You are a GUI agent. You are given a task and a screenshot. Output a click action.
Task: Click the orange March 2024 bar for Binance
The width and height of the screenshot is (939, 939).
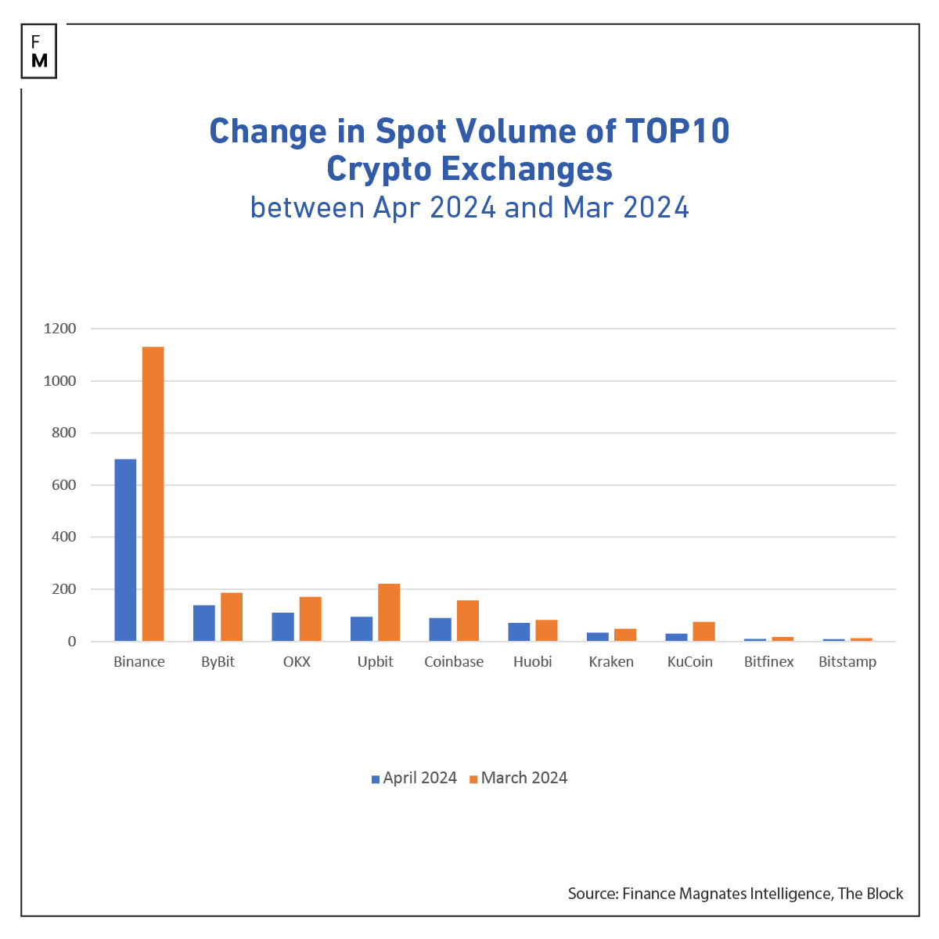(153, 494)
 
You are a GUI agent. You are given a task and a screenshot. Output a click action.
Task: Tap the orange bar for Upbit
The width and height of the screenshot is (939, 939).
(389, 613)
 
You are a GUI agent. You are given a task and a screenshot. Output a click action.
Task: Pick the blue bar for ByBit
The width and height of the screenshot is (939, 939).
(204, 623)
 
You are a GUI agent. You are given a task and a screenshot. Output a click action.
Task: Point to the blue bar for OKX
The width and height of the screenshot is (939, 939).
(283, 627)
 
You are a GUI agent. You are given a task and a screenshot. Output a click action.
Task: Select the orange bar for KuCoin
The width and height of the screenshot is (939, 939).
(703, 631)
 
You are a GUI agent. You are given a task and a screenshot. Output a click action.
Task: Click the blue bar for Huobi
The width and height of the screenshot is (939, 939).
(519, 632)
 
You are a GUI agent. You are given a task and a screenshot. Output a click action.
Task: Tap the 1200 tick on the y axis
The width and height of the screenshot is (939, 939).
(60, 329)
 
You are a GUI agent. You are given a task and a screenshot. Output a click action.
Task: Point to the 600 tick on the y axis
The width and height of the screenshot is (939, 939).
(60, 485)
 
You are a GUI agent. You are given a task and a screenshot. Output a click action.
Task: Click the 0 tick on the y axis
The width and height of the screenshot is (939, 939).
(72, 642)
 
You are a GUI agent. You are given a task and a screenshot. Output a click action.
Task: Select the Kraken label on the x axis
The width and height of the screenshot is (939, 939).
(611, 662)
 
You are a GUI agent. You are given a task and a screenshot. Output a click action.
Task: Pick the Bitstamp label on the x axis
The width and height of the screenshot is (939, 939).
(847, 662)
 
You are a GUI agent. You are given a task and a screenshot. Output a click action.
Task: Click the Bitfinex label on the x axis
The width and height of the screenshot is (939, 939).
(768, 662)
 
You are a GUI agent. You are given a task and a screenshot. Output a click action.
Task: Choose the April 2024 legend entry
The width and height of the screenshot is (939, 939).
(414, 778)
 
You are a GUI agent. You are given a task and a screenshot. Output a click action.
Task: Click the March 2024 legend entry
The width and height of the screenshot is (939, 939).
(518, 778)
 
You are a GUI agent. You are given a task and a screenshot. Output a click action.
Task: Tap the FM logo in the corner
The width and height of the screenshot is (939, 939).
(39, 52)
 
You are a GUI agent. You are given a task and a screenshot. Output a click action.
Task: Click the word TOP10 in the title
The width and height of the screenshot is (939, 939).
(677, 131)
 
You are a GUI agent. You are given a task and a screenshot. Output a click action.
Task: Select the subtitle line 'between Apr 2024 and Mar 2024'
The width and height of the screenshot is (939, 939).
(469, 207)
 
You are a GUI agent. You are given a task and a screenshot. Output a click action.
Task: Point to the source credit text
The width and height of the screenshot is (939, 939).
(736, 894)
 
